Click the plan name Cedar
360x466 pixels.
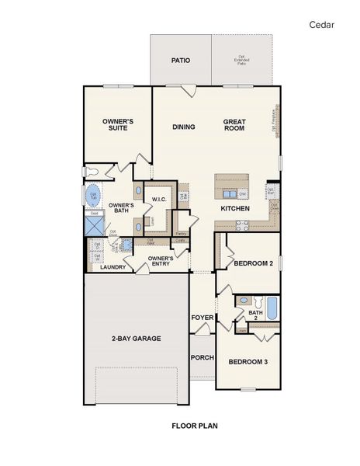point(322,25)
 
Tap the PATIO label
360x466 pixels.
point(181,61)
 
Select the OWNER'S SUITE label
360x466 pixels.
point(119,125)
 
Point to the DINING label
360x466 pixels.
point(184,127)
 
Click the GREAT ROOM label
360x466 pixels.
point(234,125)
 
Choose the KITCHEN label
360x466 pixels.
point(234,209)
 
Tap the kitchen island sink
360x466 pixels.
point(230,192)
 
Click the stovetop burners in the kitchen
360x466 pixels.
point(242,226)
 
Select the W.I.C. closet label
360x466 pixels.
point(160,200)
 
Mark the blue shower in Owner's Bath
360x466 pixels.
point(94,224)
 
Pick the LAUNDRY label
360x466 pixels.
point(113,267)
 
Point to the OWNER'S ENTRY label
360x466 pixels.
point(161,261)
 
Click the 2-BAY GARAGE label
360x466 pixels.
point(135,339)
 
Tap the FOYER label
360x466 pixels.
point(202,318)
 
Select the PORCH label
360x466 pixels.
point(202,358)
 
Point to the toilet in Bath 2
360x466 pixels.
point(242,301)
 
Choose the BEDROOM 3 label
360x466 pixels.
point(248,362)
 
